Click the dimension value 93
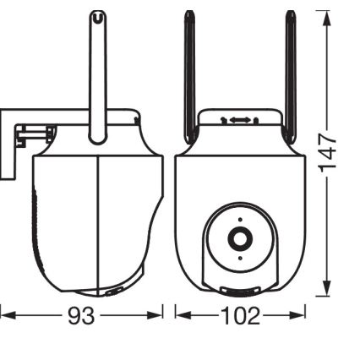pos(81,316)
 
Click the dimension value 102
pos(240,316)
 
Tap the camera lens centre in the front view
pos(240,238)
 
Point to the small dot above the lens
pos(240,220)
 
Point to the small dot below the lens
pos(240,258)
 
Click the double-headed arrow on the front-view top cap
pos(240,120)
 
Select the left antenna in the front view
pos(190,76)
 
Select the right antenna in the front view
pos(291,76)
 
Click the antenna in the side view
pos(98,78)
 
